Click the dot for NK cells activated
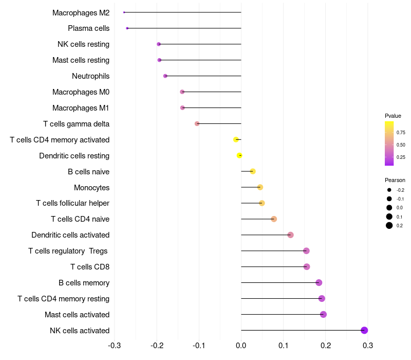(x=364, y=330)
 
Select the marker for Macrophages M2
(x=124, y=12)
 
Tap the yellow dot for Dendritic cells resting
(x=239, y=155)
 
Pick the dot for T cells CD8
(x=307, y=266)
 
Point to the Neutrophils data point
(x=165, y=76)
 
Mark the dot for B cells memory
(x=319, y=282)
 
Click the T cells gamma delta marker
(x=197, y=123)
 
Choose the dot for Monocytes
(x=260, y=187)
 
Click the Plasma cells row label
(x=88, y=28)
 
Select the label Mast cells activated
(x=77, y=314)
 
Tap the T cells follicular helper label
(x=72, y=203)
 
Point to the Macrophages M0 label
(x=81, y=92)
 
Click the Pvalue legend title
(x=393, y=116)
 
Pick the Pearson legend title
(x=395, y=180)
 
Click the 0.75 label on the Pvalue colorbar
(x=401, y=132)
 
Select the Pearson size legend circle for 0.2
(x=389, y=225)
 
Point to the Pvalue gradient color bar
(x=389, y=143)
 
